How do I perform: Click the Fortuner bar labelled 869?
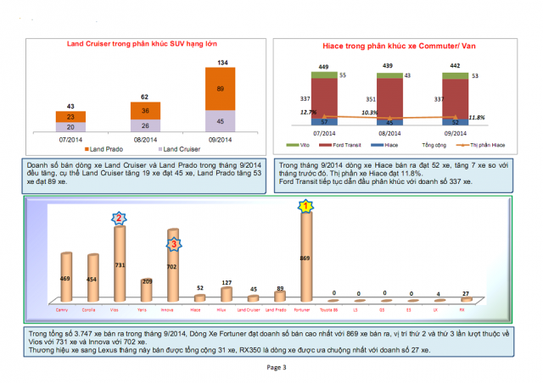tap(306, 256)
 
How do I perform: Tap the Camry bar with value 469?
tap(66, 277)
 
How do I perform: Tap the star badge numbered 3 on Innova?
tap(173, 244)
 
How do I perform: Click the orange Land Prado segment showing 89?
tap(221, 88)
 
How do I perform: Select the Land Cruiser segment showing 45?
tap(221, 119)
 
